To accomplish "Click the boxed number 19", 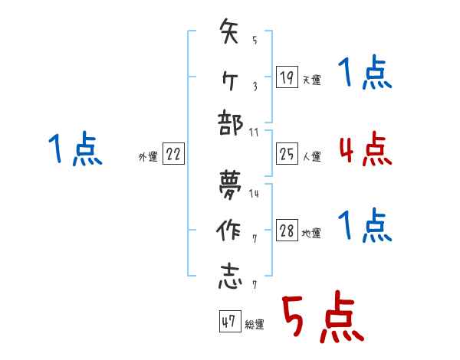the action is click(x=285, y=77).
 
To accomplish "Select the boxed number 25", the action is click(x=285, y=155).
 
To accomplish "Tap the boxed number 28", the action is click(x=285, y=231).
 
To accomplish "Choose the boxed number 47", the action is click(x=228, y=322).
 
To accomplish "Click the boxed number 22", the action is click(x=173, y=155).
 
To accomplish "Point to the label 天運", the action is click(x=311, y=80).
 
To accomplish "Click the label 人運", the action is click(x=311, y=157).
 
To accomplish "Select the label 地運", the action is click(x=311, y=233).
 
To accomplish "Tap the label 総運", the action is click(x=255, y=324).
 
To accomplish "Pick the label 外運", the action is click(x=148, y=157).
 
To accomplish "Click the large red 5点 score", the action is click(x=321, y=318).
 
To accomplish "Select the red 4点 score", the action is click(x=366, y=149).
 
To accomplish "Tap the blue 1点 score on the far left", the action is click(x=75, y=149).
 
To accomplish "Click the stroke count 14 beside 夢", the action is click(x=254, y=193).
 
